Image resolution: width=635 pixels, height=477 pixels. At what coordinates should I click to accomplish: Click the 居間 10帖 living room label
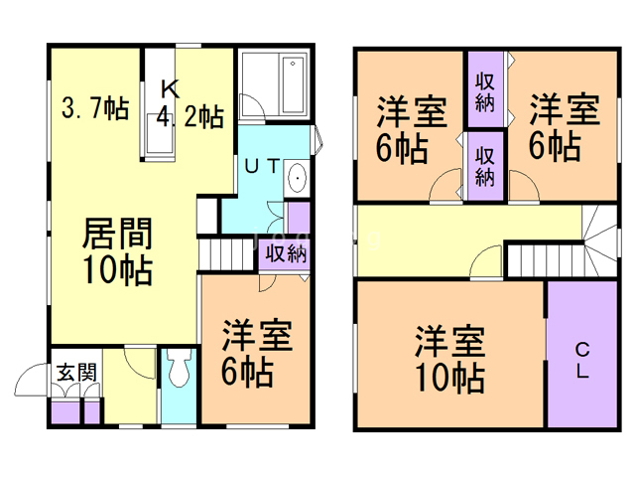click(x=117, y=253)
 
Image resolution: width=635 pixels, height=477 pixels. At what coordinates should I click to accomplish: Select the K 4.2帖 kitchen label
click(x=189, y=104)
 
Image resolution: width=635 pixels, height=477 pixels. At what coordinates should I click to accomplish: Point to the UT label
click(x=261, y=169)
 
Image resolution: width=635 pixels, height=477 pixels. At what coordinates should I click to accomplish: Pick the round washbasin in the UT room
click(x=298, y=182)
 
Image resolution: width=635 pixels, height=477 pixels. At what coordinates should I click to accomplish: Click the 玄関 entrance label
click(x=75, y=374)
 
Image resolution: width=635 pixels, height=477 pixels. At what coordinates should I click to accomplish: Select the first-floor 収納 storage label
click(x=284, y=253)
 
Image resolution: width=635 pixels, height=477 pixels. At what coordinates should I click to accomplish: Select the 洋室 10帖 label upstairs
click(x=449, y=359)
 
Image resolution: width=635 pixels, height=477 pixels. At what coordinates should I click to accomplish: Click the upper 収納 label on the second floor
click(x=486, y=92)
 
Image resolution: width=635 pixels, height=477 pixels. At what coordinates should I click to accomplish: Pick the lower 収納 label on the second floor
click(x=486, y=165)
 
